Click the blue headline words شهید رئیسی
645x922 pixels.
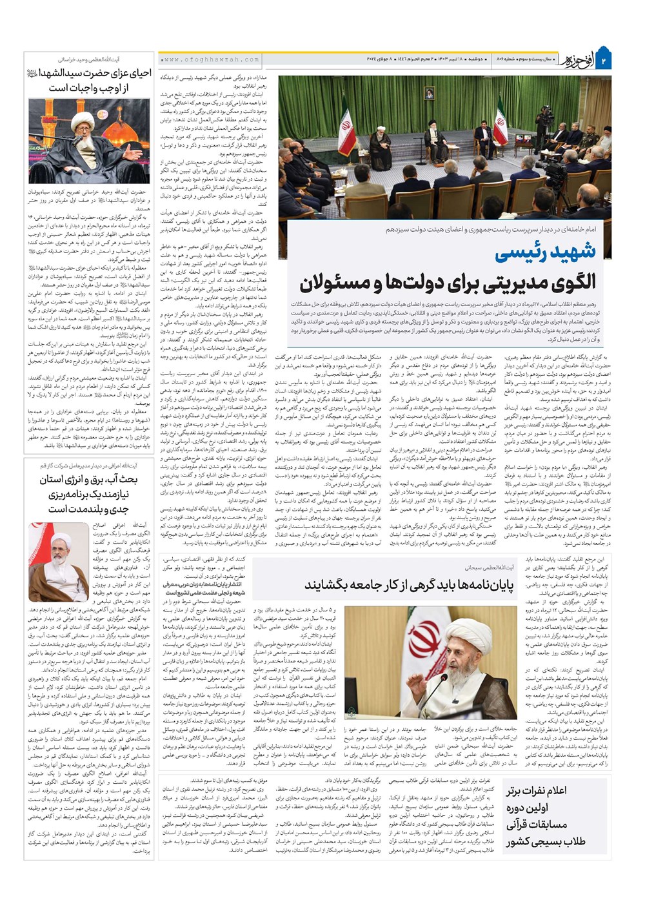[x=555, y=252]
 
